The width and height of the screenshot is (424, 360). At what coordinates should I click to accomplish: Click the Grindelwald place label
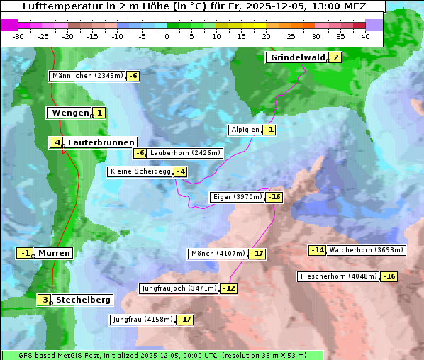[296, 58]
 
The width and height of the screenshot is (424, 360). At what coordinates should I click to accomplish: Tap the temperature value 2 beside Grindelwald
[335, 58]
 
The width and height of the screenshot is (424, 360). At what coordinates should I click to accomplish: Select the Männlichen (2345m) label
[87, 76]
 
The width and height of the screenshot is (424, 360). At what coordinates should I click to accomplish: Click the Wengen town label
[69, 113]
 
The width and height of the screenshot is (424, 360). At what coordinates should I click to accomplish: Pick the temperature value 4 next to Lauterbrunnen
[57, 142]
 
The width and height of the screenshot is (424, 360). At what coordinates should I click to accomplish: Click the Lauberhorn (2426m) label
[186, 153]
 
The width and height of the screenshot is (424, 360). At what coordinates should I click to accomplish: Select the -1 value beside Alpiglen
[269, 130]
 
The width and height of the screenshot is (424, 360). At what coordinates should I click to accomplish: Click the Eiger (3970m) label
[238, 197]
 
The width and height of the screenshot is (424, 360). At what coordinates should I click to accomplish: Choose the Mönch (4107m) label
[218, 254]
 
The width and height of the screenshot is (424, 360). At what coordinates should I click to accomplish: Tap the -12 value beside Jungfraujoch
[229, 288]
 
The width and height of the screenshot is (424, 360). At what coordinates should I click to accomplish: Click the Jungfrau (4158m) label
[143, 320]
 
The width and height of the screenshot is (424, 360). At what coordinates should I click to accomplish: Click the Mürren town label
[54, 253]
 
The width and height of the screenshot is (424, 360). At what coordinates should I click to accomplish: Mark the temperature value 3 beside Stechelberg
[45, 300]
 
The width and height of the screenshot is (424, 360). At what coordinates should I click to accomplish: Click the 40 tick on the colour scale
[365, 36]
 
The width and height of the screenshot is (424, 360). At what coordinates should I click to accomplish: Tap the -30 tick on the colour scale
[18, 36]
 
